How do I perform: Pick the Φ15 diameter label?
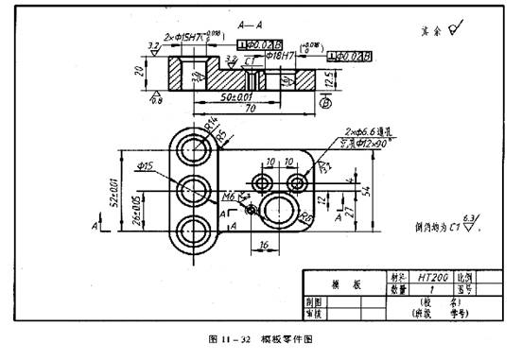tap(145, 166)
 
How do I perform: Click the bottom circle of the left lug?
tap(195, 229)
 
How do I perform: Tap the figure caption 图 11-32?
tap(231, 337)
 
